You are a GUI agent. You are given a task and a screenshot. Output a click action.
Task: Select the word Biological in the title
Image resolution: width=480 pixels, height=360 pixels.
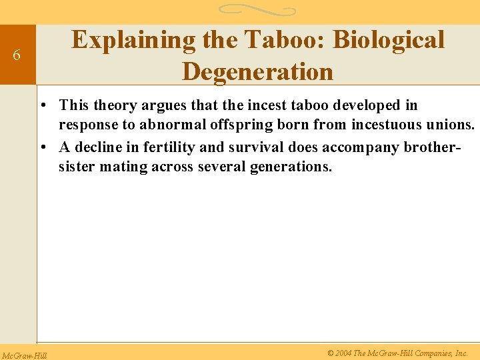[x=388, y=40]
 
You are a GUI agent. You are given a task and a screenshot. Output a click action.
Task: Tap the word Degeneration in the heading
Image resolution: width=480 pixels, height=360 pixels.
[x=257, y=71]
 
